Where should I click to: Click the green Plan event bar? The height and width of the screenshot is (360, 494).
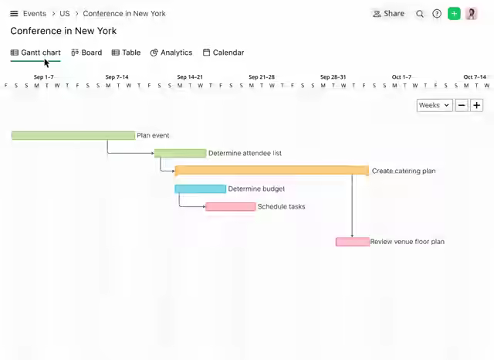(x=73, y=135)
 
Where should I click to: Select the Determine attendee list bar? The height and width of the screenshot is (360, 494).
(x=180, y=153)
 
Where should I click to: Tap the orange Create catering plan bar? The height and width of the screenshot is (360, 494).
(x=272, y=170)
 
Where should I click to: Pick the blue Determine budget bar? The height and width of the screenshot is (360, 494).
(x=201, y=188)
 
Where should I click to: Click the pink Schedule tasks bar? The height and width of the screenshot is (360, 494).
(x=231, y=207)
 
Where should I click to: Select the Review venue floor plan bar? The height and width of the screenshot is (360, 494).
(x=353, y=242)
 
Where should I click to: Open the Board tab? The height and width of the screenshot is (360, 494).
(x=86, y=53)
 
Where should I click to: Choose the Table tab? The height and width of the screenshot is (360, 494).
(x=126, y=53)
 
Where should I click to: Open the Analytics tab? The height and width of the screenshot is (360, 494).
(x=171, y=53)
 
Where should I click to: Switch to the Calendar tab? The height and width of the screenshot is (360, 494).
(x=223, y=53)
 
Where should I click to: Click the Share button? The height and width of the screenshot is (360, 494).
(x=388, y=14)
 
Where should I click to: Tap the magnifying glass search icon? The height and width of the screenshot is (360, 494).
(x=420, y=14)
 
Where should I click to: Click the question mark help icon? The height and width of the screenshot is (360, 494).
(x=437, y=14)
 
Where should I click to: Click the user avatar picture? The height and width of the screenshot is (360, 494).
(x=472, y=14)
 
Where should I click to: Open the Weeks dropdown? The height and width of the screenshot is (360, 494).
(x=435, y=105)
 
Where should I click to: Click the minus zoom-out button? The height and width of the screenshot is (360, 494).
(x=462, y=105)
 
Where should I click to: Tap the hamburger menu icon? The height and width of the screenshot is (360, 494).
(x=14, y=14)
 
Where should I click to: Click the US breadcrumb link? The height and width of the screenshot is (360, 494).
(x=65, y=14)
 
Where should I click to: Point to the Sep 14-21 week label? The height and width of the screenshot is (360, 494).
(x=190, y=77)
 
